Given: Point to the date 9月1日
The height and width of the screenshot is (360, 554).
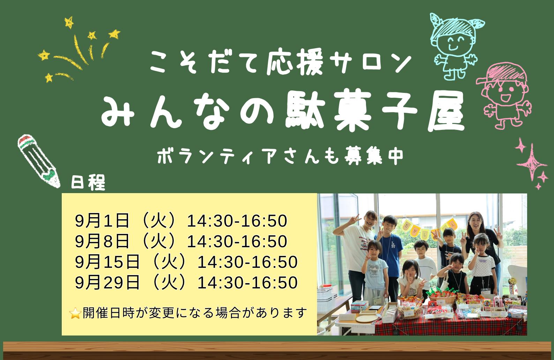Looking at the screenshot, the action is coord(102,221).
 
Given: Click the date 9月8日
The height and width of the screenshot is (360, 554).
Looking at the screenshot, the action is coord(102,241).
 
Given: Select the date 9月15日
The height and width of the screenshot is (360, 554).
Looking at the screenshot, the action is coord(107,262).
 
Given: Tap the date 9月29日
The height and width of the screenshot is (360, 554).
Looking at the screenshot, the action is coord(107,282).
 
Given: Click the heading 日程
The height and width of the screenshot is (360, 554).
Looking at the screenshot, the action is coord(88,182).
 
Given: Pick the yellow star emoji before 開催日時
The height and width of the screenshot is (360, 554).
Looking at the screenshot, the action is coord(75,313).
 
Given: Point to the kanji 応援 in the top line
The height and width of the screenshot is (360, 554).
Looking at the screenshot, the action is coord(295,62).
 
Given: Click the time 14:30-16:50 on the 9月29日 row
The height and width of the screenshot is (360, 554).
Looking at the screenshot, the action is coord(248,282).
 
